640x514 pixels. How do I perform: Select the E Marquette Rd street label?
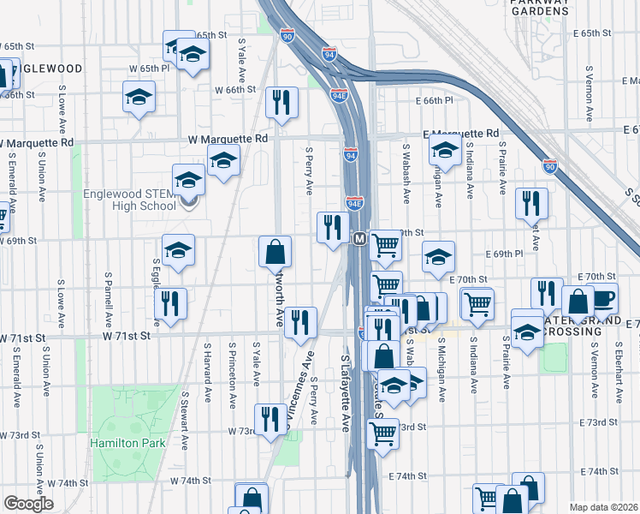(x=461, y=134)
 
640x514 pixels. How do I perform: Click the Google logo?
(x=27, y=504)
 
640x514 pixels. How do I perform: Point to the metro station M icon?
(x=360, y=238)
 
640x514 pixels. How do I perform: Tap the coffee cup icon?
(x=603, y=298)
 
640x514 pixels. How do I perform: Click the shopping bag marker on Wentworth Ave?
(x=276, y=251)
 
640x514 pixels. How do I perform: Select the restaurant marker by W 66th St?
(x=281, y=102)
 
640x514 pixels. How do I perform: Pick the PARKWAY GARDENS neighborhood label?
(x=539, y=8)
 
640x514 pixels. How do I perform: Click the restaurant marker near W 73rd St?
(x=271, y=419)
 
